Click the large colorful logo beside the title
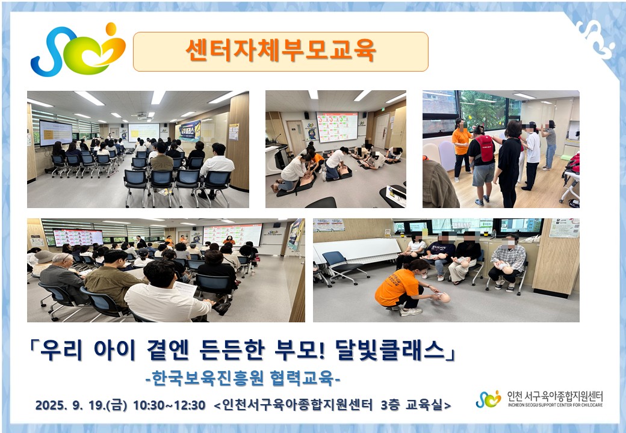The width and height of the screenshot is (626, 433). pyautogui.click(x=78, y=50)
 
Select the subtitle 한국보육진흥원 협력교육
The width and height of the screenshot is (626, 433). pyautogui.click(x=243, y=378)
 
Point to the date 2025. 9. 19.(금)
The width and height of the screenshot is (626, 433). pyautogui.click(x=81, y=405)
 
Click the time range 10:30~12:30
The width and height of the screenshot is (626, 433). pyautogui.click(x=169, y=405)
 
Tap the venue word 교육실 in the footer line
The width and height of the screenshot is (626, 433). pyautogui.click(x=424, y=405)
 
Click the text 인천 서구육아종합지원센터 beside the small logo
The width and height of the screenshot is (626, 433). pyautogui.click(x=555, y=396)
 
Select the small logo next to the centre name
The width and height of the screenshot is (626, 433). pyautogui.click(x=488, y=399)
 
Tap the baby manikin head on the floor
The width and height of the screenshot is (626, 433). pyautogui.click(x=444, y=298)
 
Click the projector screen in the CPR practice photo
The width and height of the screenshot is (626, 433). pyautogui.click(x=337, y=127)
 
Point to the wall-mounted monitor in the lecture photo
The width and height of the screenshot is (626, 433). pyautogui.click(x=55, y=133)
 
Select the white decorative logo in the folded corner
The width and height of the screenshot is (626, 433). pyautogui.click(x=596, y=38)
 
